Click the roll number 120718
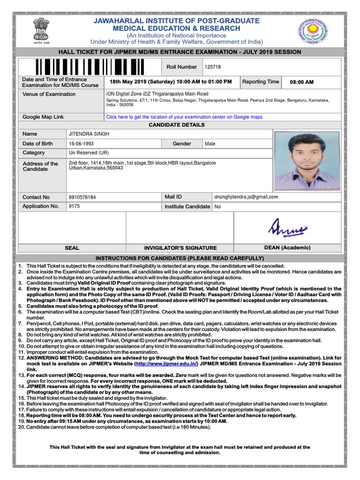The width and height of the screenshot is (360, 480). [212, 67]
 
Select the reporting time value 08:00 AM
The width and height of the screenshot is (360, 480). [301, 82]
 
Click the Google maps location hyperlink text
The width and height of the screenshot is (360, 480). [184, 117]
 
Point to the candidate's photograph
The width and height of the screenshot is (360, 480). [307, 160]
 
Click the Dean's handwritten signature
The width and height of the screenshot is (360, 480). [287, 228]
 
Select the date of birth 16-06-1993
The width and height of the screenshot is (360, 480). [82, 144]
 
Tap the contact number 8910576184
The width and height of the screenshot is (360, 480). [82, 197]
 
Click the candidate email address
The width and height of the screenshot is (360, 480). [246, 197]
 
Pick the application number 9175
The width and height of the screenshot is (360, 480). [74, 206]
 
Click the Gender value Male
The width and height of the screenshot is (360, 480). [210, 144]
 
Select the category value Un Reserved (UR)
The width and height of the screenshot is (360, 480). [89, 153]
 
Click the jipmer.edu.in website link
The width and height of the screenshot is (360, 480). [166, 364]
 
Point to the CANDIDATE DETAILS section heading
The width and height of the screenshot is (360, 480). [177, 125]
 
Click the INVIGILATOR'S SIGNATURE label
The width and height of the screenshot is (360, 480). [180, 248]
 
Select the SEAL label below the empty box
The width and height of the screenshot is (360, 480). [72, 248]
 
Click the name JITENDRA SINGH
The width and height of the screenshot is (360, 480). [89, 134]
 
